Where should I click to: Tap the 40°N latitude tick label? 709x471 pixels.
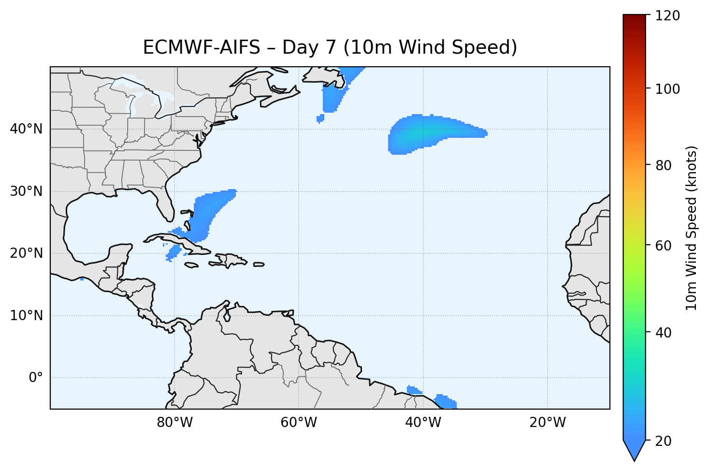coord(26,129)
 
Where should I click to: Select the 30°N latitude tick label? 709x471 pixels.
coord(26,191)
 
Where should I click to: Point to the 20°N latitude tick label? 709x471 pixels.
coord(26,253)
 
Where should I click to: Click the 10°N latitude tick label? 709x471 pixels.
coord(26,316)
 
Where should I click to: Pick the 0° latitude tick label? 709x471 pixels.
coord(36,378)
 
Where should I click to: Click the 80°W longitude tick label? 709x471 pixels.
coord(174,423)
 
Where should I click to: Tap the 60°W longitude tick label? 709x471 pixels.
coord(299,423)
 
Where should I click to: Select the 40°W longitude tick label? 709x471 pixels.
coord(423,423)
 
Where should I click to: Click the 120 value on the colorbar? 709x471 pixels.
coord(668,16)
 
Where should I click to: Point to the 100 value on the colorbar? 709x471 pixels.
coord(668,89)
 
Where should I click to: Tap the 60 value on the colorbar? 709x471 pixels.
coord(665,246)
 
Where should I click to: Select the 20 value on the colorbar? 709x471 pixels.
coord(665,441)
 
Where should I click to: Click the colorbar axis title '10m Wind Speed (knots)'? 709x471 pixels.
coord(692,228)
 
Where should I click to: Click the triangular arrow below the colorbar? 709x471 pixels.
coord(634,450)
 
